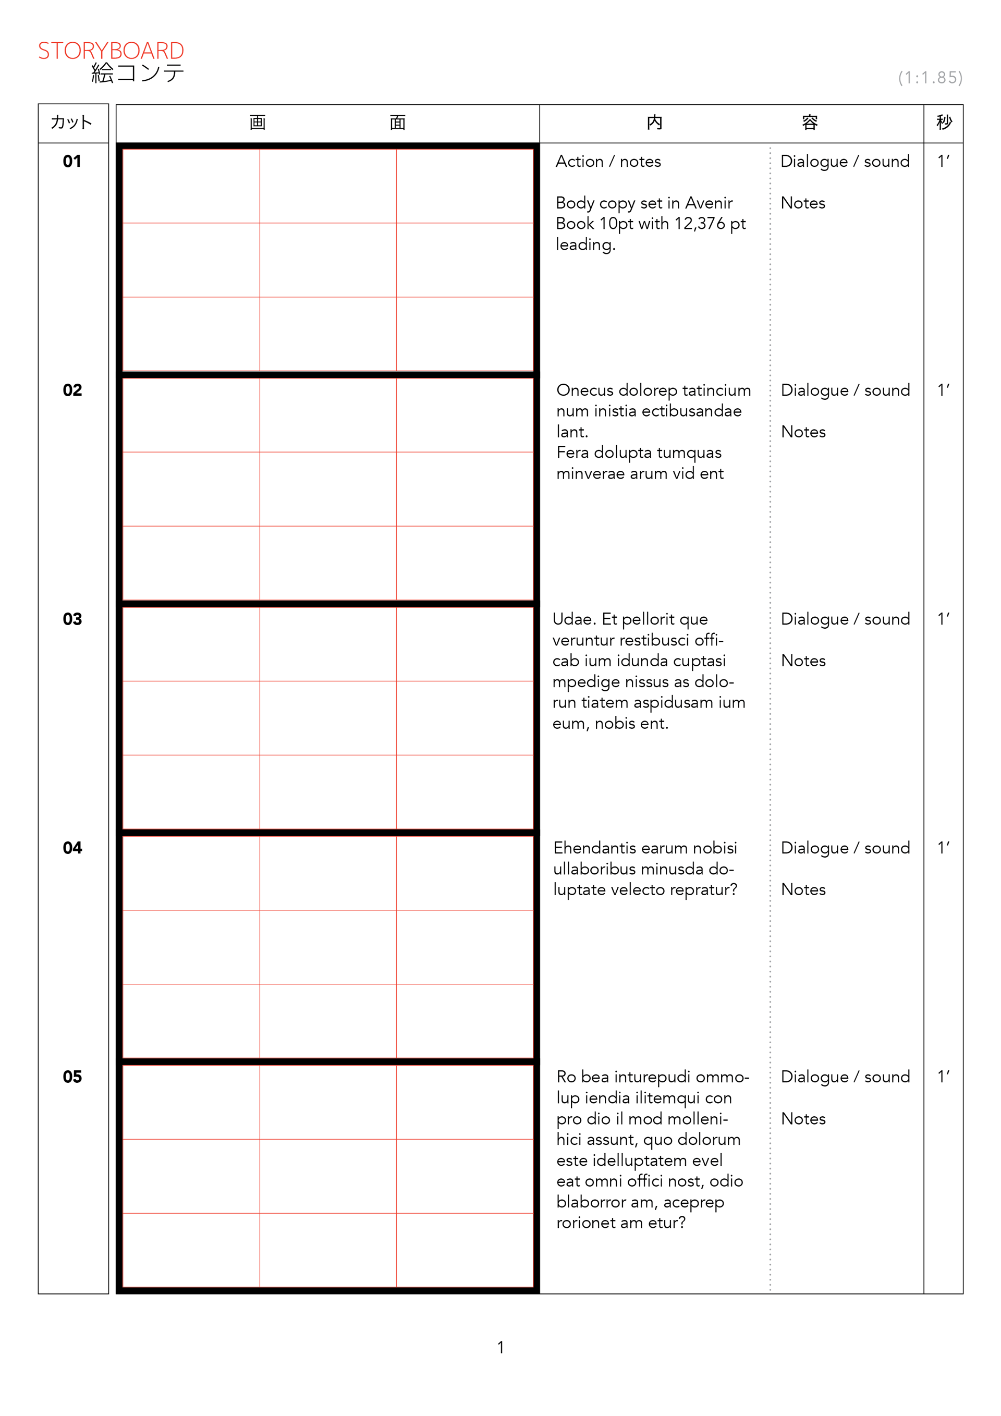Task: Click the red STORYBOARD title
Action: (x=111, y=51)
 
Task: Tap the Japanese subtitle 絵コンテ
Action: (x=138, y=74)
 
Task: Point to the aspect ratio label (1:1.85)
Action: (x=930, y=78)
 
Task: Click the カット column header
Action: (x=71, y=122)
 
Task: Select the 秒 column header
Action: (x=944, y=122)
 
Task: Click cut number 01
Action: (x=72, y=162)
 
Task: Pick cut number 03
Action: (x=72, y=619)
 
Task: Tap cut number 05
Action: (x=72, y=1077)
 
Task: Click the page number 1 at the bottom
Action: (x=501, y=1348)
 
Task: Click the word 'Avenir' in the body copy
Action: (x=709, y=203)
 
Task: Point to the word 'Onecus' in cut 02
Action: (x=585, y=390)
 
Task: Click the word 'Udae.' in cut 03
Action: (x=574, y=619)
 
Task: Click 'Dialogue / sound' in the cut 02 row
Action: (x=845, y=390)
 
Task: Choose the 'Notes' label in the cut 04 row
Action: (x=803, y=889)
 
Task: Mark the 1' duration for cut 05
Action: (x=944, y=1076)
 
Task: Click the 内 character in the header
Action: (x=654, y=122)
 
